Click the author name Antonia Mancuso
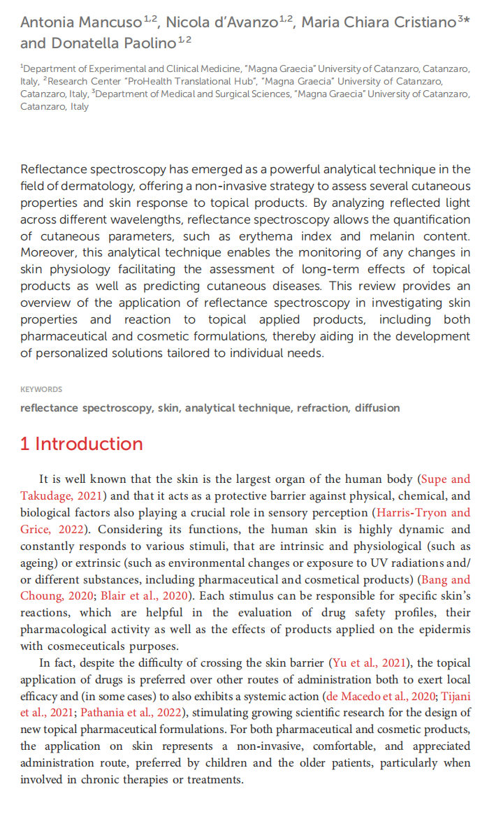click(x=80, y=22)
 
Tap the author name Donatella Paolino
click(x=104, y=43)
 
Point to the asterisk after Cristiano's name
click(x=468, y=19)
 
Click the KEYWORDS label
click(x=41, y=389)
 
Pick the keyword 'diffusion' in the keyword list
click(x=377, y=407)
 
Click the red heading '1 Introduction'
click(x=82, y=444)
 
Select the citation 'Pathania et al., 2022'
click(x=133, y=713)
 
